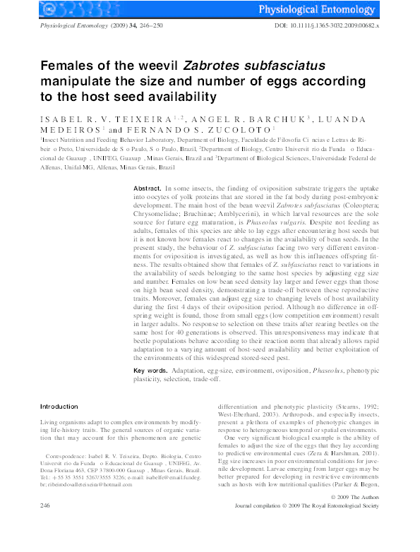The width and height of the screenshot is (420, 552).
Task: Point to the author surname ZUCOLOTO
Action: [x=224, y=130]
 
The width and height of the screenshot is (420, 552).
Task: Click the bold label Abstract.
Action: [x=148, y=190]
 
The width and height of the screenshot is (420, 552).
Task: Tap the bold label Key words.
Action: [x=150, y=371]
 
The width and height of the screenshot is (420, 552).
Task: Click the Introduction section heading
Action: [x=59, y=407]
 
